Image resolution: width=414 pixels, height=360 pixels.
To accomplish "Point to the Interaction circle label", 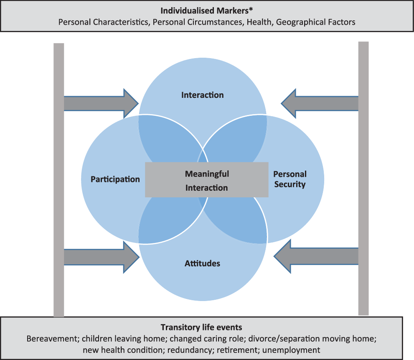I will (x=202, y=95).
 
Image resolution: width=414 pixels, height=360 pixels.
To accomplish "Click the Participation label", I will (x=115, y=179).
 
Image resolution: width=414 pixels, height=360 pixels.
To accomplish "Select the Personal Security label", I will (x=290, y=179).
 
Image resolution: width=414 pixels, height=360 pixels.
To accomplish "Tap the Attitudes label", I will (x=202, y=263).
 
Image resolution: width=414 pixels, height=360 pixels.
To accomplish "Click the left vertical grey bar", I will (x=59, y=180).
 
